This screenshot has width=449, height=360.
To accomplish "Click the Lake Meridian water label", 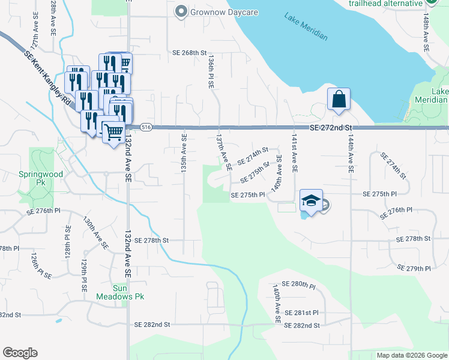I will (306, 28).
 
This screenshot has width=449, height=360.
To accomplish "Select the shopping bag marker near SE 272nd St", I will (339, 99).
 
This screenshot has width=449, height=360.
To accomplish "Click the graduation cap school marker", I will (312, 201).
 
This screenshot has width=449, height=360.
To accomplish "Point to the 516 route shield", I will (146, 127).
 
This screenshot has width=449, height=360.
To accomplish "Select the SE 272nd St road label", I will (330, 128).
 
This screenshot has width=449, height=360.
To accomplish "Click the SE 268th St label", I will (190, 53).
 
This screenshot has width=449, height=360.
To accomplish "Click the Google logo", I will (20, 353).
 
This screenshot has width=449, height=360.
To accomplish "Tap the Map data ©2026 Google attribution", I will (411, 355).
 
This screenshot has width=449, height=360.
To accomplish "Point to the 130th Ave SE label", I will (97, 233).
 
